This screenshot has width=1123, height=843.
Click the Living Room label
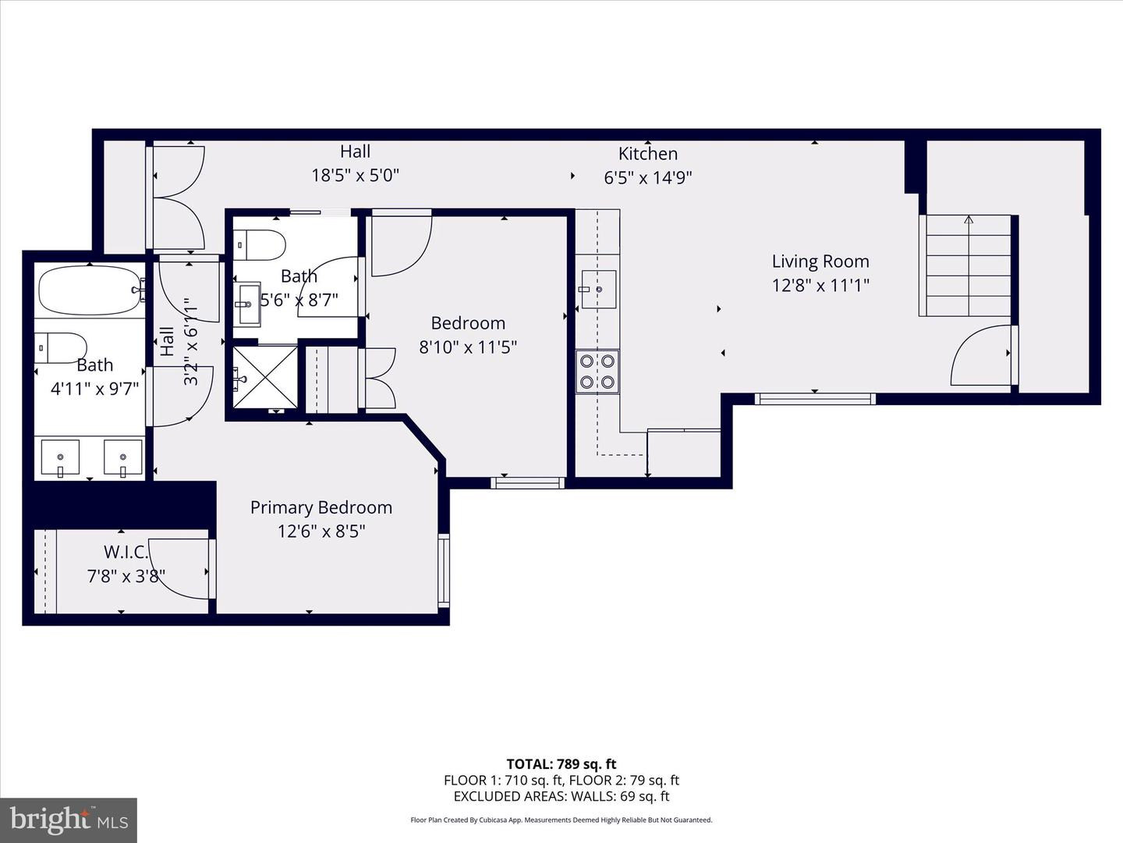[820, 261]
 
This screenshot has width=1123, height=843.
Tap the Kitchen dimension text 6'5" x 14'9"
[648, 178]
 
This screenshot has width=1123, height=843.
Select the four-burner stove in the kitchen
[597, 371]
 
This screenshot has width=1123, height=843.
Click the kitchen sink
[598, 290]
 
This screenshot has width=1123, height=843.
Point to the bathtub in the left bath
[90, 290]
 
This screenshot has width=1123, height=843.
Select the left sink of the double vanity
[60, 457]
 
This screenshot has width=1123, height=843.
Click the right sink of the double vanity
[123, 457]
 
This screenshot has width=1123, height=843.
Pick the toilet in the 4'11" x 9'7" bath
[61, 347]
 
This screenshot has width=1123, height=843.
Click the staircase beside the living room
[968, 266]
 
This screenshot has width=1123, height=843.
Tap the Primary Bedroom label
[321, 507]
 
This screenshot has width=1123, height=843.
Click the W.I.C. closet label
[126, 552]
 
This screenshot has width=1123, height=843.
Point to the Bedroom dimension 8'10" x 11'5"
[468, 347]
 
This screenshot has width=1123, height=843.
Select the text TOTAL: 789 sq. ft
[561, 764]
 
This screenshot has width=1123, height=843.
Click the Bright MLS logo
[69, 820]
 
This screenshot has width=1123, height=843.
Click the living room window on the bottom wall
[815, 399]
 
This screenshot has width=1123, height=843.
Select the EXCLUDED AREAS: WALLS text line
[561, 796]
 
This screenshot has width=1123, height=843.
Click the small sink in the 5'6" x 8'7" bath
[250, 304]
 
